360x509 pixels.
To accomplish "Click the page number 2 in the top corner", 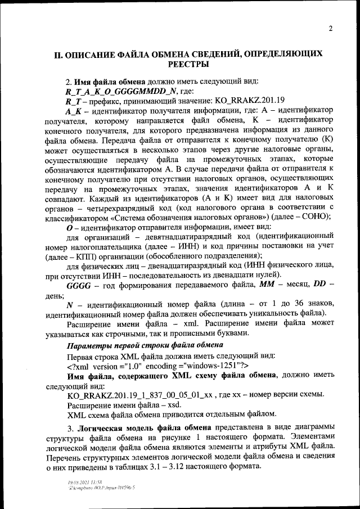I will tap(330, 29).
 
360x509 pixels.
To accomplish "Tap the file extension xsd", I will tap(159, 405).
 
